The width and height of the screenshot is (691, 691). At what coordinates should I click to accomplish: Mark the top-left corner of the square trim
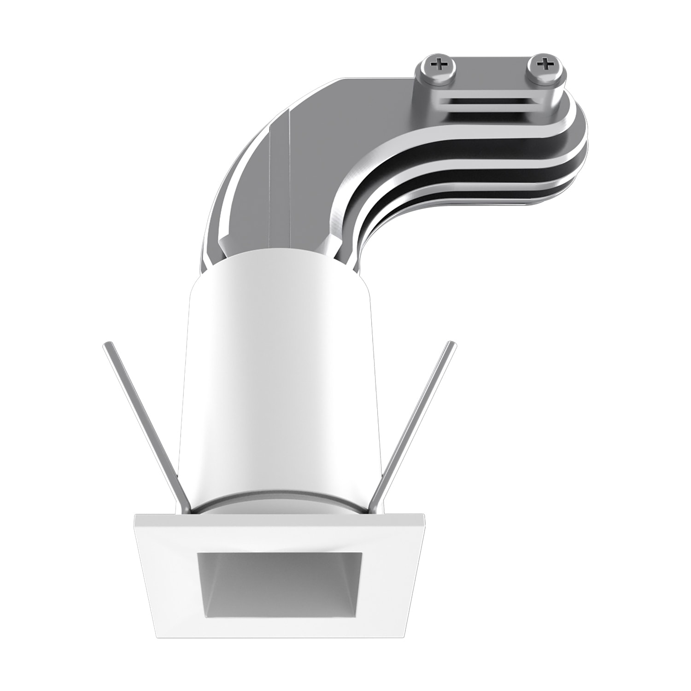click(x=135, y=515)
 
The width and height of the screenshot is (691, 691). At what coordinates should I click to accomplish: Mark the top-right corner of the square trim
click(x=423, y=513)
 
